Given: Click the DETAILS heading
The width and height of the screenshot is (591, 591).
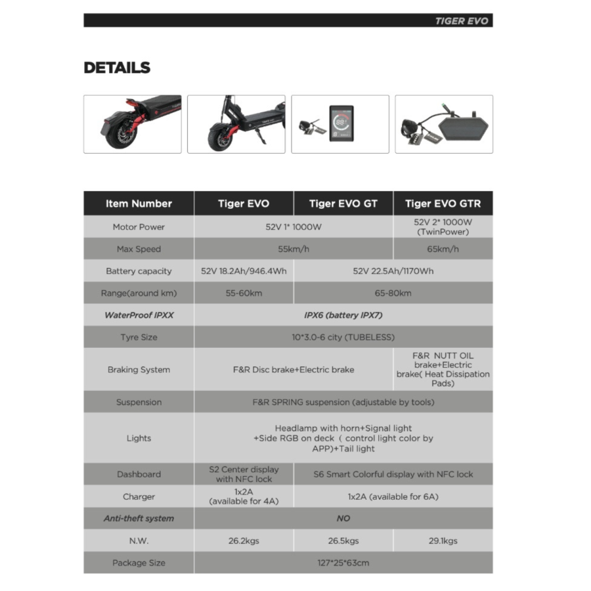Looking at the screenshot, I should click(117, 68).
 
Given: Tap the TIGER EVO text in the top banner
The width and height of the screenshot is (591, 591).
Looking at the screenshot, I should click(461, 21).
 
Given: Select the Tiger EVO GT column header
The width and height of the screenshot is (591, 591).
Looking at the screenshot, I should click(343, 204).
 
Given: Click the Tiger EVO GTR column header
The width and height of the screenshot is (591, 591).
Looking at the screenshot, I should click(443, 204).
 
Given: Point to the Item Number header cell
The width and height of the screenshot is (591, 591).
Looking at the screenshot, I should click(139, 204).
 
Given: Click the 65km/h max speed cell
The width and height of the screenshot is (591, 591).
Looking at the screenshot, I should click(443, 249).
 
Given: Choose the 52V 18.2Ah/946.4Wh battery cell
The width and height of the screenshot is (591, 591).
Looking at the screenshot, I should click(244, 271).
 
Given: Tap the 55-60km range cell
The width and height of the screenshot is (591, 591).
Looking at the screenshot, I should click(244, 293).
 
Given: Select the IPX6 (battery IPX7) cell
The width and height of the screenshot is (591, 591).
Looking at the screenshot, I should click(343, 315).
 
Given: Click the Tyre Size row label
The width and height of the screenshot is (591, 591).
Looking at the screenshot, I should click(139, 338).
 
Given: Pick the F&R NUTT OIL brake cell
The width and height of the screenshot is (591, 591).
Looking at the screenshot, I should click(443, 369).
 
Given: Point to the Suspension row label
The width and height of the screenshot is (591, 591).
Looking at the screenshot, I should click(139, 402).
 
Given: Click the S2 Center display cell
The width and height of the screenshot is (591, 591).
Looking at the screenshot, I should click(244, 474).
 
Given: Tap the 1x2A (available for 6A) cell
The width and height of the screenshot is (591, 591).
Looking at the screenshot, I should click(393, 496).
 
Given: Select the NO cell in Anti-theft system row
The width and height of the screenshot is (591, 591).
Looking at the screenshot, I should click(343, 518).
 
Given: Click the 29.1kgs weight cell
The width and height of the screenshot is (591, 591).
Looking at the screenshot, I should click(443, 540).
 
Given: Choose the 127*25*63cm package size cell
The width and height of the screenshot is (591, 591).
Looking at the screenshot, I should click(343, 563).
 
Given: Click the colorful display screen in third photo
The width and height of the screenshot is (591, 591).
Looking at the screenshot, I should click(341, 123).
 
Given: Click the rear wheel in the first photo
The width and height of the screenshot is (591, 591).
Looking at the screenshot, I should click(121, 135).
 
